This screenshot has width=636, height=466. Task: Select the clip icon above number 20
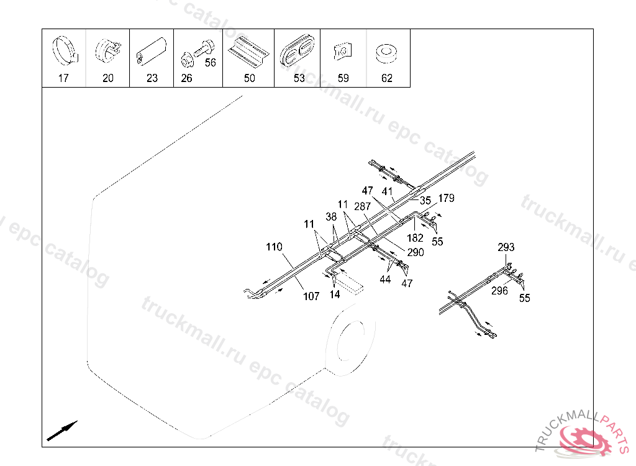pos(107,50)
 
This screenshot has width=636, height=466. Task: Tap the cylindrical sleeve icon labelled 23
pos(152,51)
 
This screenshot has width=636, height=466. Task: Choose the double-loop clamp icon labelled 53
pos(297,52)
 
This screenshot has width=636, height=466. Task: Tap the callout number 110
pos(274,247)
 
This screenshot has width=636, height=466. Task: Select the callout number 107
pos(311,296)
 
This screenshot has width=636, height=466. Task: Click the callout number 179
pos(446,199)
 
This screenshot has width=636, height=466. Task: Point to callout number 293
pos(506,247)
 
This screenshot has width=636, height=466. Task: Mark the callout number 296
pos(499,290)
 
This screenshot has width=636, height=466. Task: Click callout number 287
pos(362,206)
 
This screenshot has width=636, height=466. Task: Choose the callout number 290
pos(415,252)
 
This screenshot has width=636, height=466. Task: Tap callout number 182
pos(415,237)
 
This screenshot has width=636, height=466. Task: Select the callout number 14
pos(335,295)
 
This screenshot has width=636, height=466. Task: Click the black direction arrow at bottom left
pos(62,430)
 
